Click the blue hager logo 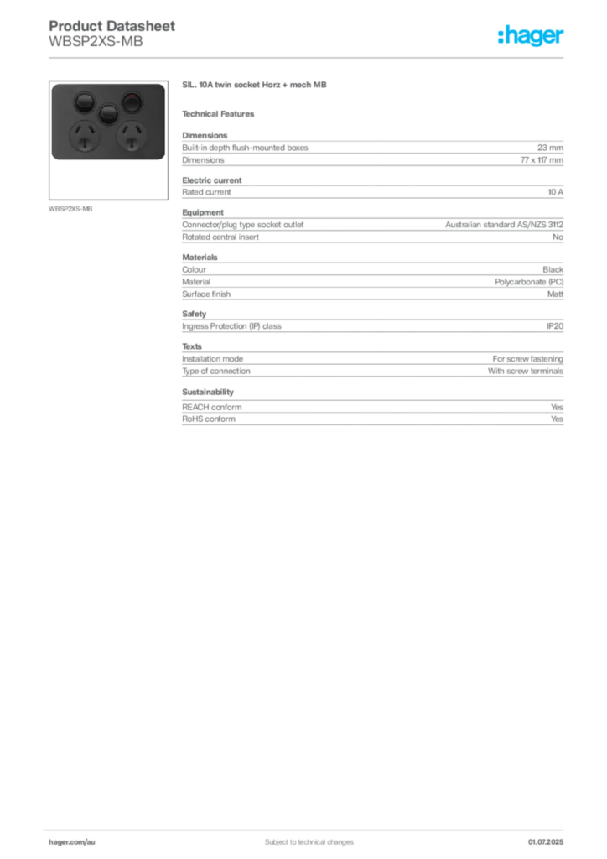pyautogui.click(x=532, y=36)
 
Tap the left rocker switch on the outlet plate pyautogui.click(x=84, y=103)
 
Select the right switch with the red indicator pyautogui.click(x=132, y=103)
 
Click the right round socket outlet pyautogui.click(x=132, y=136)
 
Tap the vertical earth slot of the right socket pyautogui.click(x=132, y=143)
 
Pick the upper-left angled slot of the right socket pyautogui.click(x=126, y=132)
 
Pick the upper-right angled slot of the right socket pyautogui.click(x=137, y=132)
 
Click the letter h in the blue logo pyautogui.click(x=504, y=36)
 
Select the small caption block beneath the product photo pyautogui.click(x=70, y=208)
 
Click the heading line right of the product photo pyautogui.click(x=254, y=86)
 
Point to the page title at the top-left pyautogui.click(x=113, y=26)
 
